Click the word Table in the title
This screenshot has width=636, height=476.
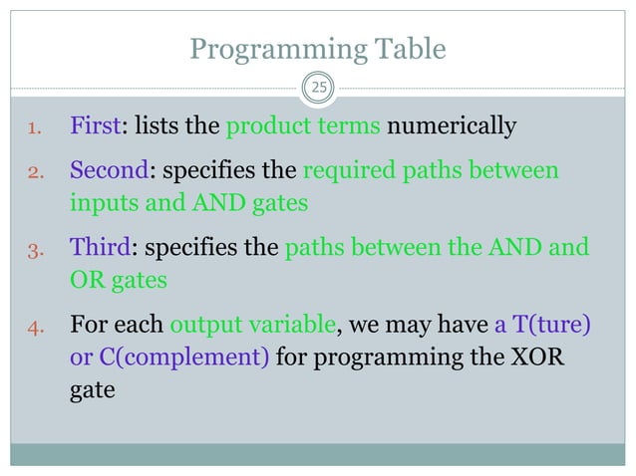coord(407,49)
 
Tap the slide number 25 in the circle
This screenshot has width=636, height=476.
coord(318,90)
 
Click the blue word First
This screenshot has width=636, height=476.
coord(94,126)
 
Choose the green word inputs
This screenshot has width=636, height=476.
coord(101,203)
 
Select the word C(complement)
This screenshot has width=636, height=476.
coord(168,357)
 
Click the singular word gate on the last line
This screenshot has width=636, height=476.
coord(92,392)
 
